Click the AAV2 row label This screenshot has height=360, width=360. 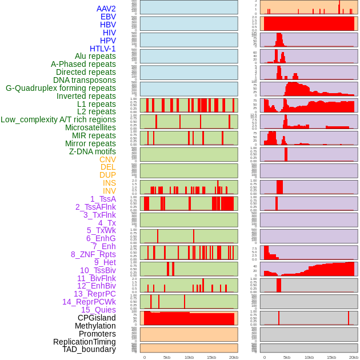(106, 9)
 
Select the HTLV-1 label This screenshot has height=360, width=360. (102, 49)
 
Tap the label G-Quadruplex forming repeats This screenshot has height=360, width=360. (61, 88)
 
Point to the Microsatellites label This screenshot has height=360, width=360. (90, 127)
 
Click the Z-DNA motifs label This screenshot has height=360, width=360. (92, 151)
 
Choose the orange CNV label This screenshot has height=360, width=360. (107, 159)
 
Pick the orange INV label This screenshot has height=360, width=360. (109, 191)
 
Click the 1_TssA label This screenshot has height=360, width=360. (103, 199)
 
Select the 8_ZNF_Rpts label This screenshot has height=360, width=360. (93, 254)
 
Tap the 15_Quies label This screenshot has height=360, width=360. (98, 310)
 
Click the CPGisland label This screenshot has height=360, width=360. (97, 318)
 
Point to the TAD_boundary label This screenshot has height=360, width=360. (89, 349)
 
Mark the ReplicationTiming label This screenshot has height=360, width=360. (84, 342)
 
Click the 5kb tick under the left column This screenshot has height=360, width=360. (167, 357)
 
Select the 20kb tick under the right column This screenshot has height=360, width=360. (354, 357)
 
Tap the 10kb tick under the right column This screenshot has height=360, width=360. (309, 357)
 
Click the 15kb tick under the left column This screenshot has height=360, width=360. (211, 357)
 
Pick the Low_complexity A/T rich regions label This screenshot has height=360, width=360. (58, 119)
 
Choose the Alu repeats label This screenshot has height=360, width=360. (95, 56)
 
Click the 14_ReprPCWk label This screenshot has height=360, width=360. (89, 302)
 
